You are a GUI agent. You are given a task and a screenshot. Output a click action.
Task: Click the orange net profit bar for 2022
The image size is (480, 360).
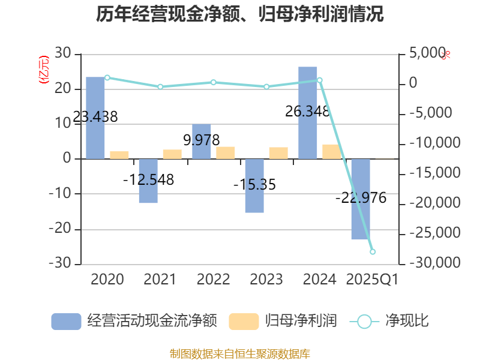click(x=226, y=152)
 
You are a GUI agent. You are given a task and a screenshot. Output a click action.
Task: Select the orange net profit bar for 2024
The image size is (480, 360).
click(x=331, y=151)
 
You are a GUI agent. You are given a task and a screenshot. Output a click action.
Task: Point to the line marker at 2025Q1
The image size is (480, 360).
click(x=373, y=252)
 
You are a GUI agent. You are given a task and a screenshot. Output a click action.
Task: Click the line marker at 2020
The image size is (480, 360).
click(x=107, y=77)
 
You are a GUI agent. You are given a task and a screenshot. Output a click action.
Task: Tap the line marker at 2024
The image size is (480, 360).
click(x=320, y=80)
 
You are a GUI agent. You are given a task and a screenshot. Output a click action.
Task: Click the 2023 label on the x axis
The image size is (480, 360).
click(x=266, y=280)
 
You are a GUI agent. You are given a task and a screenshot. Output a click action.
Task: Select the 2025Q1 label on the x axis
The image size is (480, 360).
click(x=373, y=280)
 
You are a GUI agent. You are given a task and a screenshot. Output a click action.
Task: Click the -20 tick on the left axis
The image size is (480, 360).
click(x=59, y=229)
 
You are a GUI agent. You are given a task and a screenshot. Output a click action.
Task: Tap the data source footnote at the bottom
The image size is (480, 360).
click(x=240, y=353)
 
